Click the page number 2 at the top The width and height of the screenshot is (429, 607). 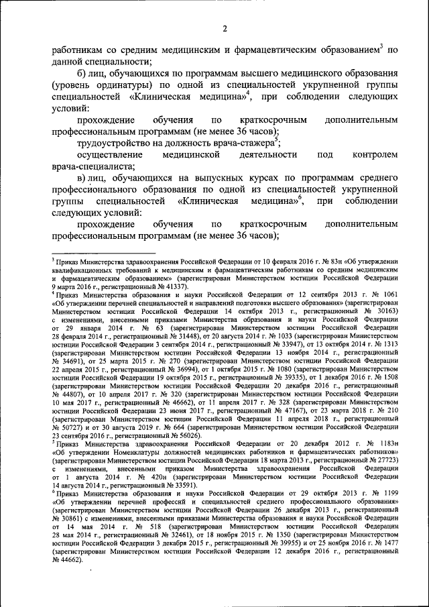point(226,27)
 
